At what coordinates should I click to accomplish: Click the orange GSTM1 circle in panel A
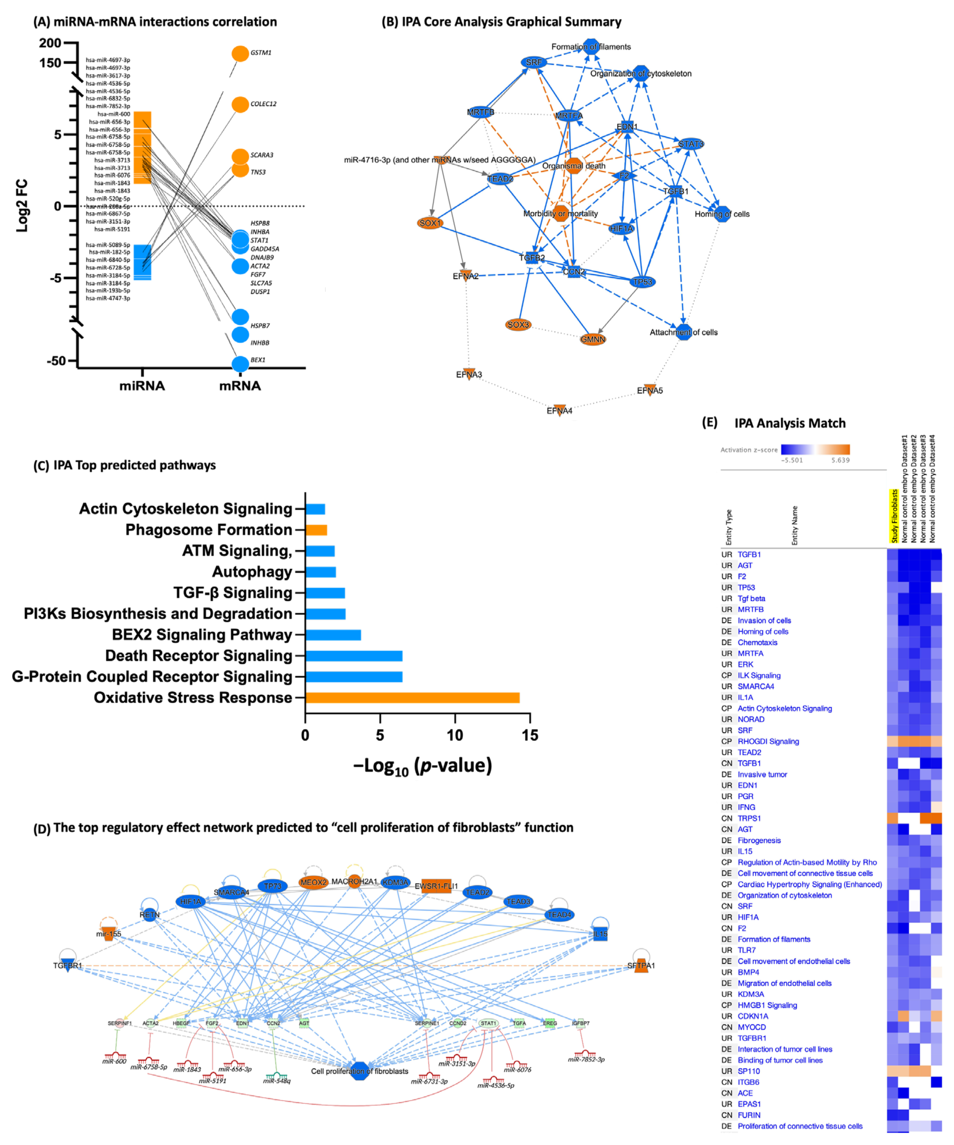click(240, 54)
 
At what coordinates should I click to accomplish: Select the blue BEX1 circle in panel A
click(240, 364)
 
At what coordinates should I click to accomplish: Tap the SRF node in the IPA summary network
click(533, 62)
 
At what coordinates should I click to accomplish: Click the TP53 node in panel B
click(643, 282)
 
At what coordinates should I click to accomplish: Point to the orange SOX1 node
click(430, 223)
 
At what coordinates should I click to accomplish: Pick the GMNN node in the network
click(592, 339)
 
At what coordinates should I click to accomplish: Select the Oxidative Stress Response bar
click(412, 697)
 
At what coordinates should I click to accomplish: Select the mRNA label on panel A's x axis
click(240, 386)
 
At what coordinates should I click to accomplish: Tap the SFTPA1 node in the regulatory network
click(641, 965)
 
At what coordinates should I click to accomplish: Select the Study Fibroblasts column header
click(894, 516)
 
